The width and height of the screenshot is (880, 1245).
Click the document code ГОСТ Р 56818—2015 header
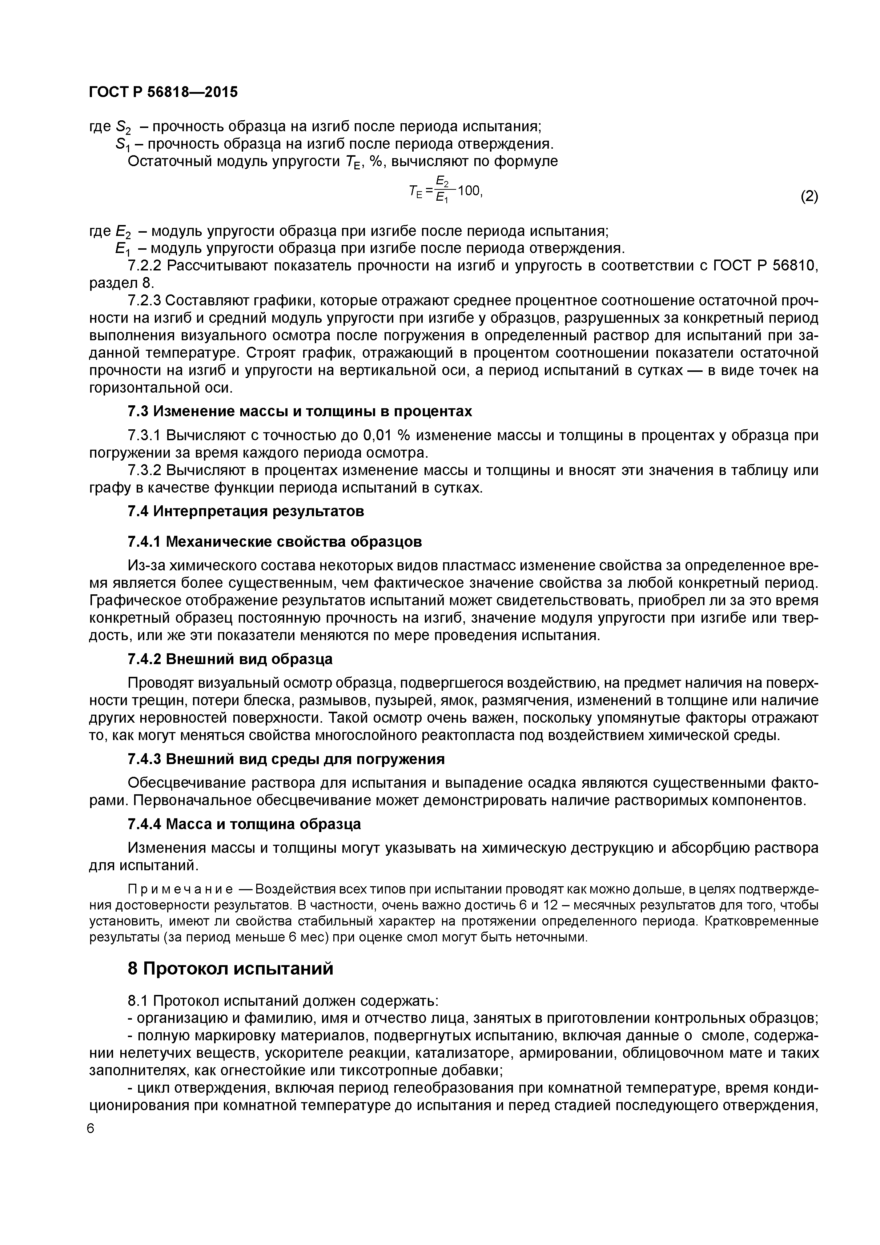(163, 92)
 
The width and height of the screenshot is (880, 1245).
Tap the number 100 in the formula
(469, 191)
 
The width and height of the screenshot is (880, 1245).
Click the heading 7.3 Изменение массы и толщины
(299, 411)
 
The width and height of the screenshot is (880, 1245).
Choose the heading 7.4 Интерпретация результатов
(246, 511)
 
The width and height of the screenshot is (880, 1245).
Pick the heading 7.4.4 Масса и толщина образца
(244, 824)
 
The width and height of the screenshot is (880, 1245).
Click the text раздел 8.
(121, 283)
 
